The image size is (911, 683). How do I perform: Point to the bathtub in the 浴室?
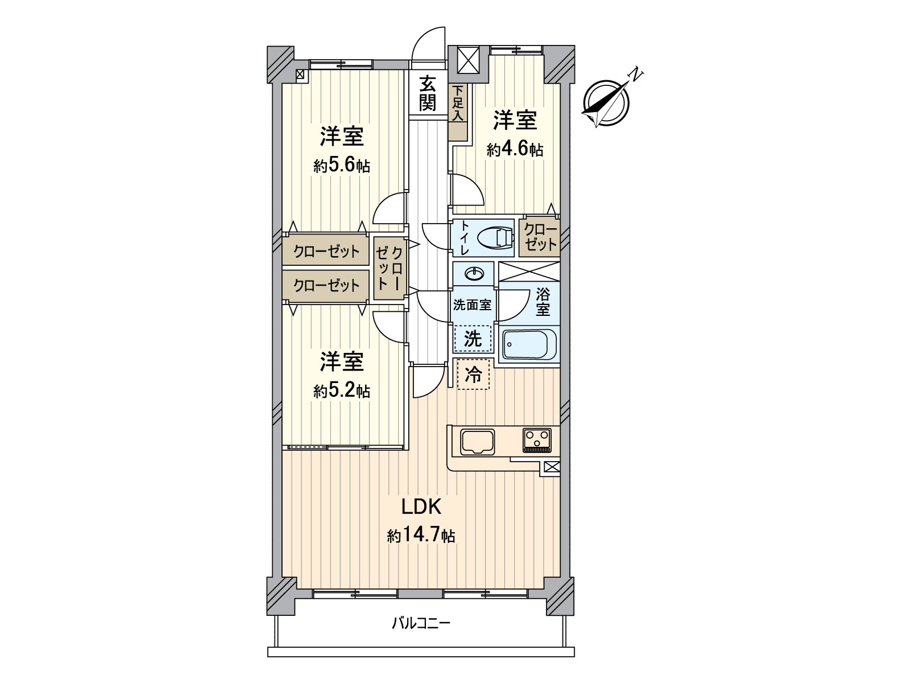point(528,343)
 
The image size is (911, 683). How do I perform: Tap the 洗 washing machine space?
point(473,339)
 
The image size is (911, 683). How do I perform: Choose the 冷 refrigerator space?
point(473,375)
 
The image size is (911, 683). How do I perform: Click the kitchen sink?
point(478,441)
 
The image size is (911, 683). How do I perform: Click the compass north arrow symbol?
point(608,101)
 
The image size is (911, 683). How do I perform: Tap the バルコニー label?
point(421,623)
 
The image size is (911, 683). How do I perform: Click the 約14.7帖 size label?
point(421,536)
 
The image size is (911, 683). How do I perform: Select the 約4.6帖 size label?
point(514,150)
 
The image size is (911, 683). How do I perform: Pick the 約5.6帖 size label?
point(342,166)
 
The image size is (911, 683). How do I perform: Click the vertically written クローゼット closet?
point(390,268)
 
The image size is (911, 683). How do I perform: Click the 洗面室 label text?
point(472,305)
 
